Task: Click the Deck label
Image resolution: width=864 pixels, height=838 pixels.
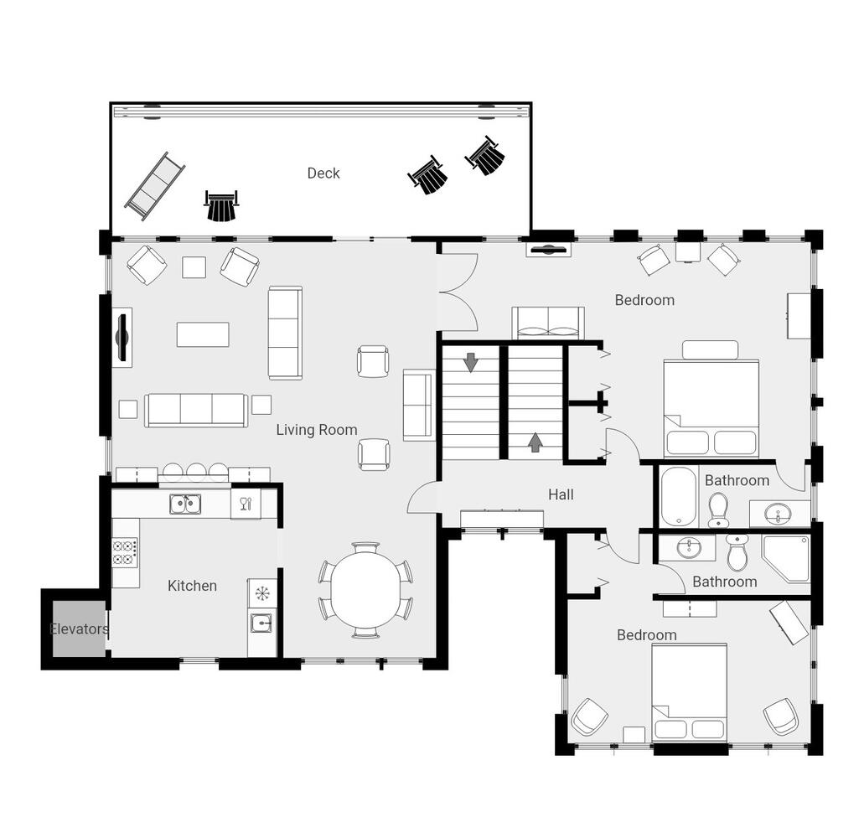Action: click(x=323, y=173)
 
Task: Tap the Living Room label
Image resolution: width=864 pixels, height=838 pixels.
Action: click(x=317, y=430)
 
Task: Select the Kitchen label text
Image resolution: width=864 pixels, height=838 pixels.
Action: click(x=192, y=586)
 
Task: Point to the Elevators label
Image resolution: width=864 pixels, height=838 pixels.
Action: click(x=80, y=628)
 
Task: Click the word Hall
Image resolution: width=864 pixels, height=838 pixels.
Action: click(x=561, y=494)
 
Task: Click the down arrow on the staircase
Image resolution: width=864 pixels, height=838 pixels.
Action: click(x=471, y=362)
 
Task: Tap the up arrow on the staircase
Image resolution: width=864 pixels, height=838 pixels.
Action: click(x=535, y=442)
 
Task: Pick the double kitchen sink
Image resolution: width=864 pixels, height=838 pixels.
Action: click(x=185, y=504)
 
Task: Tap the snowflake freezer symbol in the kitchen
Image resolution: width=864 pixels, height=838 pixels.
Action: click(x=261, y=593)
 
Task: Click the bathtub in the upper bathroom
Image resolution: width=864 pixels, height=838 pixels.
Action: click(x=678, y=497)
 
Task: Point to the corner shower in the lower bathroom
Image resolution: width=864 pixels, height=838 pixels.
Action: click(x=786, y=558)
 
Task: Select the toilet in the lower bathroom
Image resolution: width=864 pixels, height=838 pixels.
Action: click(x=737, y=552)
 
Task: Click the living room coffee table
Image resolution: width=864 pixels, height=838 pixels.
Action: click(x=203, y=334)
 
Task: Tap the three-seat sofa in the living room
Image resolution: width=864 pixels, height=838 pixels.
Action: click(x=196, y=410)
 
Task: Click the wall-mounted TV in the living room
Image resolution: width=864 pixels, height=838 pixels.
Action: click(x=123, y=337)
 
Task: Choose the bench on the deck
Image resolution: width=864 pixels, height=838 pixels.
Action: click(x=155, y=187)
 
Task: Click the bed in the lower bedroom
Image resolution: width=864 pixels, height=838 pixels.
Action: click(x=689, y=692)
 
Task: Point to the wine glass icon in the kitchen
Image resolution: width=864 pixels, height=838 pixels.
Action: click(x=246, y=503)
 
